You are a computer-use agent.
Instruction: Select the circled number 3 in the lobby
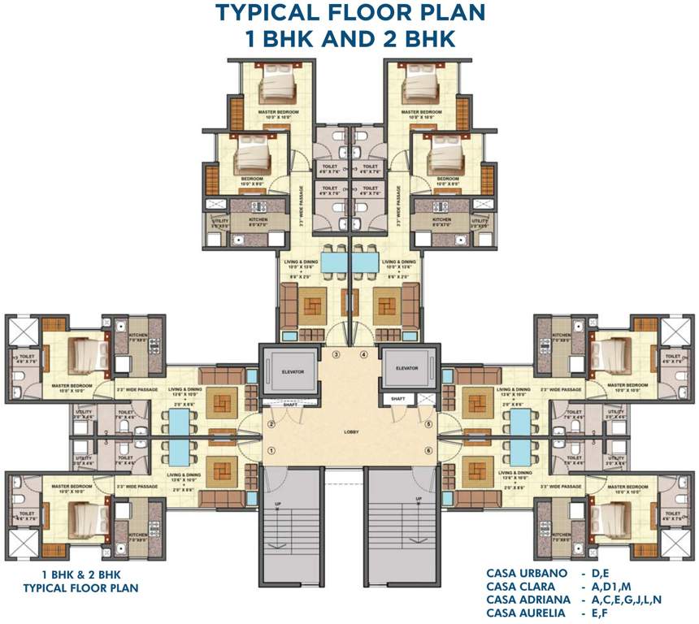[336, 355]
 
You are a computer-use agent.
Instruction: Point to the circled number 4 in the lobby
[364, 355]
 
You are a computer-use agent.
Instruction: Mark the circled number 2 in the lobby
[272, 423]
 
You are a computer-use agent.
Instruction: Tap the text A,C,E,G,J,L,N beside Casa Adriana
[627, 599]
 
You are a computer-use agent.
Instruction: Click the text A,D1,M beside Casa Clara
[609, 587]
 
